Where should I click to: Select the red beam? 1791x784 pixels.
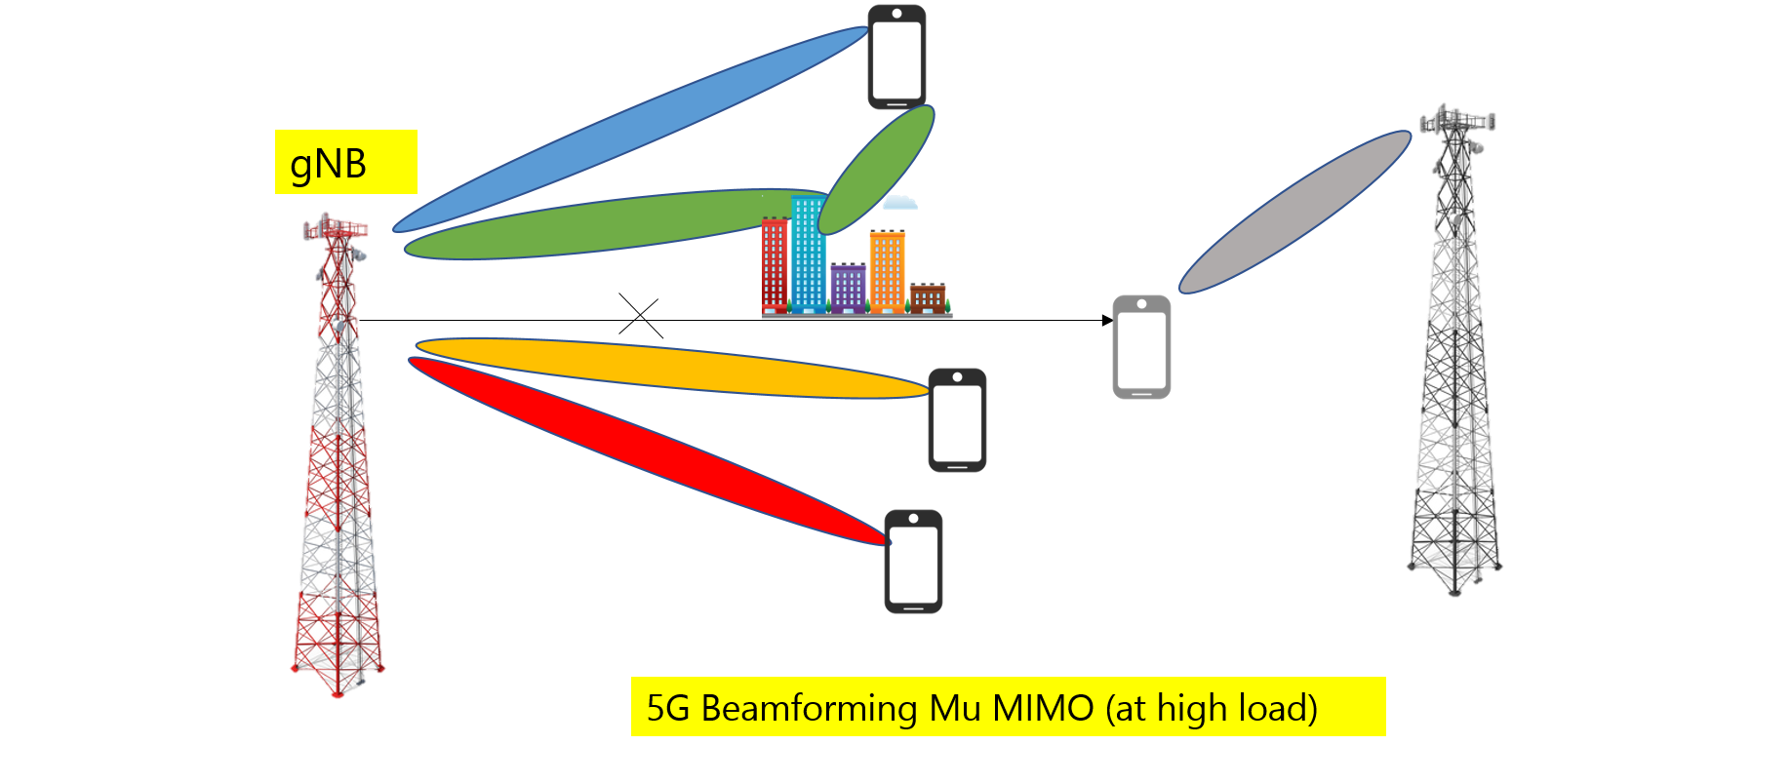pos(644,449)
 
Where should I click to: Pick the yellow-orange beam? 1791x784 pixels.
pos(673,368)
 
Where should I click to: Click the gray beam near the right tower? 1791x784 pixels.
pos(1295,212)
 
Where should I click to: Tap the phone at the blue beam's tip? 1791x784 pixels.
pos(896,57)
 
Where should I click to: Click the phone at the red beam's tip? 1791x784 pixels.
pos(913,562)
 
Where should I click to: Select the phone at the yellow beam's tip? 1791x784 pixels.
pos(957,420)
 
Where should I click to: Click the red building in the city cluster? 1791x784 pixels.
pos(775,265)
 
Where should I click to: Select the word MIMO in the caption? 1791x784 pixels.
pos(1043,708)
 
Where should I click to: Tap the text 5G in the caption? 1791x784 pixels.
pos(668,708)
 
